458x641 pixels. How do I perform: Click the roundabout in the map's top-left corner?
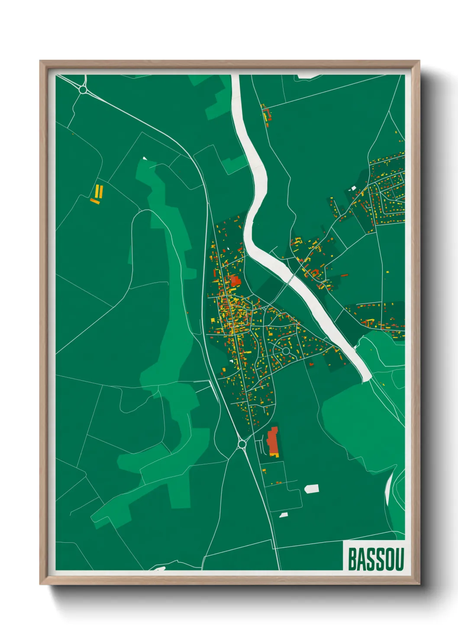(x=83, y=90)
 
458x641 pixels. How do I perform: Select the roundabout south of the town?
(x=242, y=444)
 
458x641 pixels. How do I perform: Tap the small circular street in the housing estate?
(x=286, y=350)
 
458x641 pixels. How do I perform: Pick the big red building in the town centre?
(x=235, y=281)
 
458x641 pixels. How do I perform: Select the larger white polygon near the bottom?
(x=312, y=489)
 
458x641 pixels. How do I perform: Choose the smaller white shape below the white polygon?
(x=284, y=515)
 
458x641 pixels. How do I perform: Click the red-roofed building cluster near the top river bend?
(x=266, y=114)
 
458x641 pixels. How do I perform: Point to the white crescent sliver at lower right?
(x=389, y=487)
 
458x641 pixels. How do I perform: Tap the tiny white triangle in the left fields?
(x=145, y=159)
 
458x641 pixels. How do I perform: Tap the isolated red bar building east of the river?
(x=345, y=275)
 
